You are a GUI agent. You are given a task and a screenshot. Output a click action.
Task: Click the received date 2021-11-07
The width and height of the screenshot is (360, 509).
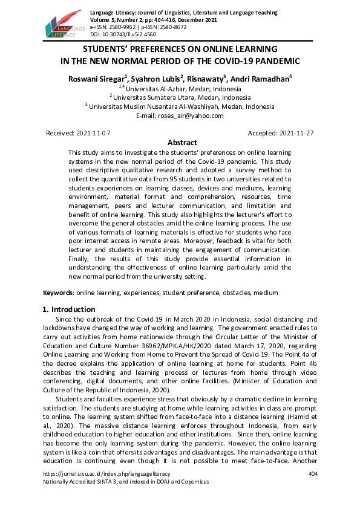point(94,132)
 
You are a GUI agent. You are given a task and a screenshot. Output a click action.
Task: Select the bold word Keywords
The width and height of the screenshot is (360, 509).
point(57,293)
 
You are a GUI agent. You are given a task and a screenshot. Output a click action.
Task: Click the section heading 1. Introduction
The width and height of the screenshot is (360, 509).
point(69,309)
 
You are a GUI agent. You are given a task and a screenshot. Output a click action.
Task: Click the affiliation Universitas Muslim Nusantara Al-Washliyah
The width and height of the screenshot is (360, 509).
point(182,106)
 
